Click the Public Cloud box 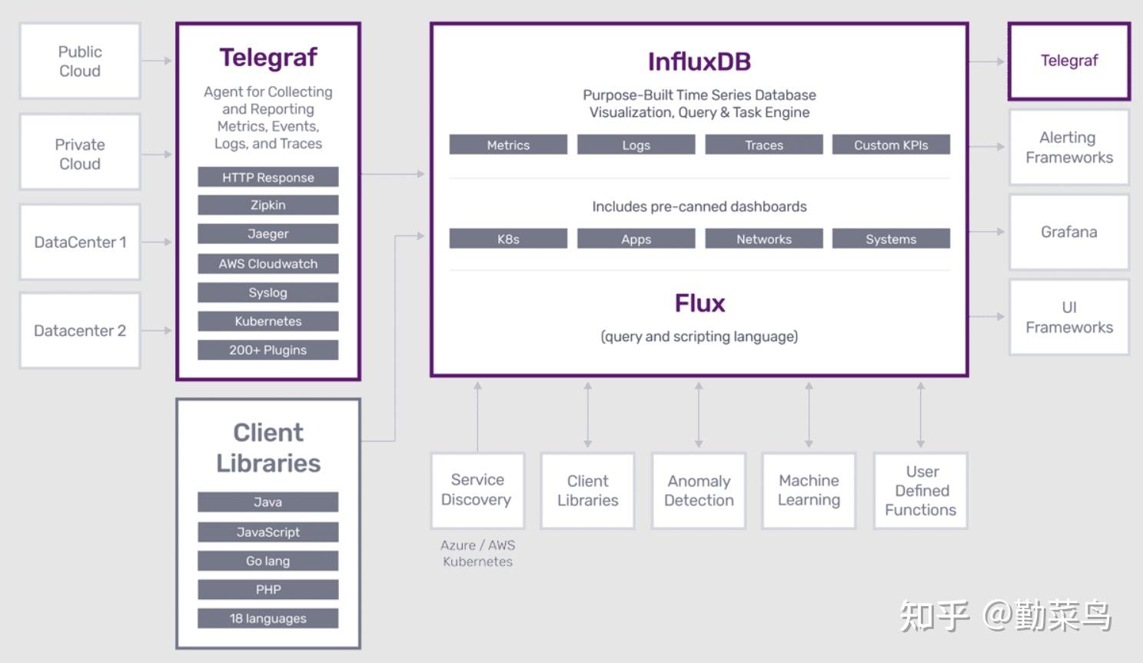(80, 61)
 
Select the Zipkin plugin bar (268, 205)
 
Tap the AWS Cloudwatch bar (268, 264)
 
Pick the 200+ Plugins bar (268, 350)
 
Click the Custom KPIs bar (891, 145)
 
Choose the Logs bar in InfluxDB (636, 145)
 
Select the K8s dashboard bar (508, 239)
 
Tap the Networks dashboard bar (764, 239)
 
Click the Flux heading (699, 303)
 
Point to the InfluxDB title (699, 62)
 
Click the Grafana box (1069, 232)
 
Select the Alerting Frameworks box (1069, 147)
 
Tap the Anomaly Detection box (699, 491)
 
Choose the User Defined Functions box (921, 491)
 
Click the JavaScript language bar (268, 531)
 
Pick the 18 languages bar (268, 618)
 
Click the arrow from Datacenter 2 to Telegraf (157, 331)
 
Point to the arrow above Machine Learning (809, 415)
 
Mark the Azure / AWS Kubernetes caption (477, 553)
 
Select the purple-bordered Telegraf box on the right (1069, 62)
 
